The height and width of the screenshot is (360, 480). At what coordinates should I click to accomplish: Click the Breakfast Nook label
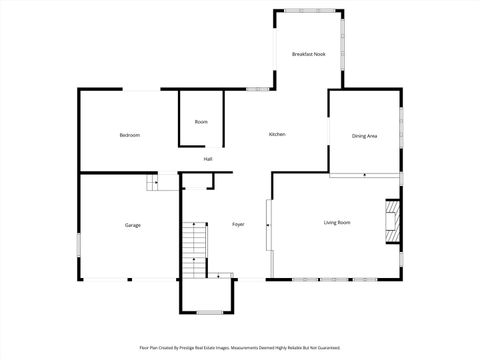tap(309, 53)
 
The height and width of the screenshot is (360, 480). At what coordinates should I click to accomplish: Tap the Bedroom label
tap(129, 135)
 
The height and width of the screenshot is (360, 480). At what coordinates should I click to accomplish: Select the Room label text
tap(201, 122)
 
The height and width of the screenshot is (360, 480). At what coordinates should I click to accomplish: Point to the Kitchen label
tap(277, 135)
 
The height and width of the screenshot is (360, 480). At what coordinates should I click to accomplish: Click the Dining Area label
tap(364, 135)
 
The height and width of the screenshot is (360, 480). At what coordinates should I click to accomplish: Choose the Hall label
tap(208, 159)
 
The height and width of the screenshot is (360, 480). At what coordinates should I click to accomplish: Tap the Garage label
tap(132, 225)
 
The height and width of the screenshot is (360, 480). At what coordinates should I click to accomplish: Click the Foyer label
tap(238, 224)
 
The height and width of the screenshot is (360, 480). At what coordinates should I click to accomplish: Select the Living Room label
tap(336, 222)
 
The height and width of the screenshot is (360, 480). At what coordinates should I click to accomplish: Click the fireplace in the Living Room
tap(393, 221)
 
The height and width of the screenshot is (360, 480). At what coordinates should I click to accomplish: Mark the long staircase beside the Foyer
tap(193, 251)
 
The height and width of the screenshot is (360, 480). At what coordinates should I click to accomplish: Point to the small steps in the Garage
tap(152, 182)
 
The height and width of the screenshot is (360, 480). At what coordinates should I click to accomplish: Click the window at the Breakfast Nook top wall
tap(309, 11)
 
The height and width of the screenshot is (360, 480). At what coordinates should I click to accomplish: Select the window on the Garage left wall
tap(79, 247)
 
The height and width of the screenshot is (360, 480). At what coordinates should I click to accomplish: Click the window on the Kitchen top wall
tap(256, 89)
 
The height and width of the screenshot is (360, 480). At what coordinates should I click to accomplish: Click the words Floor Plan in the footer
tap(149, 348)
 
